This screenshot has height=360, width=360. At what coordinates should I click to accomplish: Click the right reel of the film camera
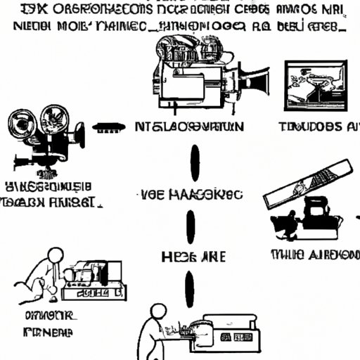[x=55, y=117]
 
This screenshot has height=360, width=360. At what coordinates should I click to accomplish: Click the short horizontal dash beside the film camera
[x=109, y=128]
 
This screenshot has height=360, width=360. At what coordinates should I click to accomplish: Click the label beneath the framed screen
[x=316, y=127]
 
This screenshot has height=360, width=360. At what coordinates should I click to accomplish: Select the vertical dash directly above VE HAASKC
[x=194, y=162]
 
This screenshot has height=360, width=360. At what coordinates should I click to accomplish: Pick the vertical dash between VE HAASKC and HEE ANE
[x=191, y=226]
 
